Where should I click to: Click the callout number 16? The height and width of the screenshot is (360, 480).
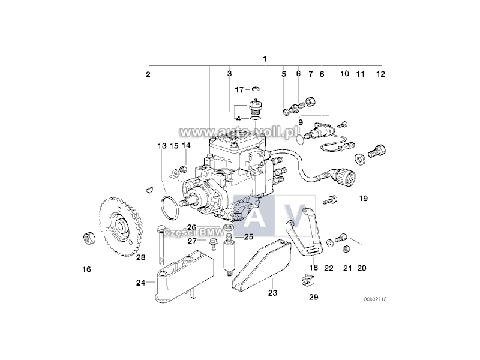[86, 269]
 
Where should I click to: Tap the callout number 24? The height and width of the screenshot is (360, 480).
[140, 283]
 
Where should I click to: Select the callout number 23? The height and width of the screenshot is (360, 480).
[272, 294]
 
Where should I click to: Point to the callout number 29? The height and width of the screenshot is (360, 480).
[314, 296]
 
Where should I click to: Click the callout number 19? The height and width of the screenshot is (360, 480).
[363, 198]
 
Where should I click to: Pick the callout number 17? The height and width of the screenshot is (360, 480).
[239, 90]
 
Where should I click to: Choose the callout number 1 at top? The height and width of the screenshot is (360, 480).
[265, 59]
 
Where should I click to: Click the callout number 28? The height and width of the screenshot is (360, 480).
[140, 257]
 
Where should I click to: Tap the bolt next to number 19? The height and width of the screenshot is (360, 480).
[332, 199]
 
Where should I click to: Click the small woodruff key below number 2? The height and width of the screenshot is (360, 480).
[149, 190]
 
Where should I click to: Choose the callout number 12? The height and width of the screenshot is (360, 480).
[380, 74]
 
